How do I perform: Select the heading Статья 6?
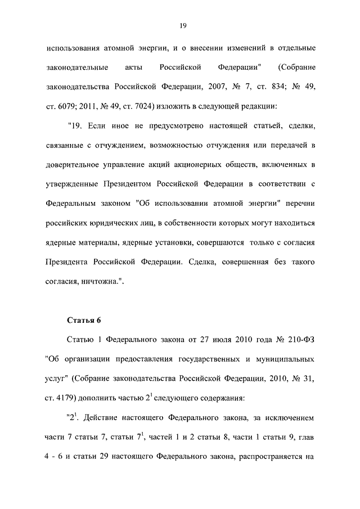pos(84,321)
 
